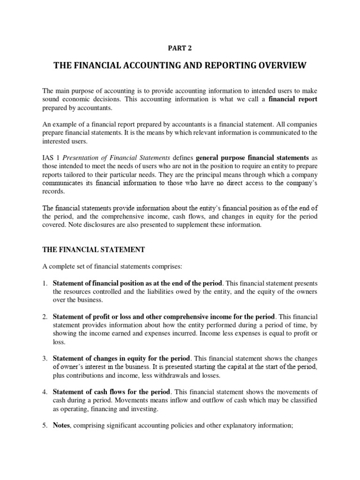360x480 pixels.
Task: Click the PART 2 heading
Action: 180,47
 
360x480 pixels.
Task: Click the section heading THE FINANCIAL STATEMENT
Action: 93,250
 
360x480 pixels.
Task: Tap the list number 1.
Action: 45,284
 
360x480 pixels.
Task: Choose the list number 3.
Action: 45,359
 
